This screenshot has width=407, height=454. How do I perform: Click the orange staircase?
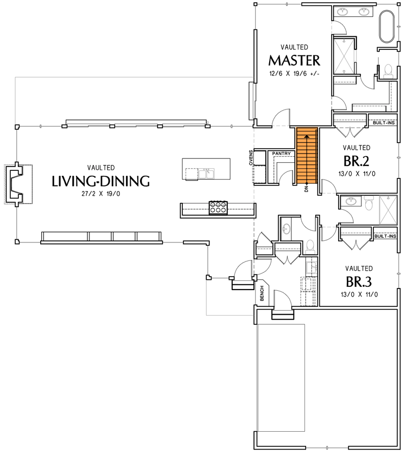[x=306, y=155]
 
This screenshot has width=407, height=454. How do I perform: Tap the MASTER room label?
[x=295, y=59]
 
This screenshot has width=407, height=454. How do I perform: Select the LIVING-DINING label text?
[x=100, y=181]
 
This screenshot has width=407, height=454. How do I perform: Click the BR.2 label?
[x=357, y=161]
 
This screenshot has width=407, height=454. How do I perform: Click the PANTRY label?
[x=282, y=154]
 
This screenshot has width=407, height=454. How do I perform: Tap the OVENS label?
[x=251, y=157]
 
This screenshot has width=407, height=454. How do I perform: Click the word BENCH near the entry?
[x=262, y=294]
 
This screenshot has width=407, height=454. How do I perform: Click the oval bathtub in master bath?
[x=387, y=26]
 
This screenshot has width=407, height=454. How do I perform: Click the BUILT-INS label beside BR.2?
[x=384, y=123]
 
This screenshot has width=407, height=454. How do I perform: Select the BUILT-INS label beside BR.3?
[x=385, y=236]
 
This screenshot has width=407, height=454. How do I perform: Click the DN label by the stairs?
[x=307, y=188]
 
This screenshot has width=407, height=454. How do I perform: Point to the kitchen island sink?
[x=207, y=174]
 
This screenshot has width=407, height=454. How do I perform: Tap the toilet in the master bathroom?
[x=387, y=69]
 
